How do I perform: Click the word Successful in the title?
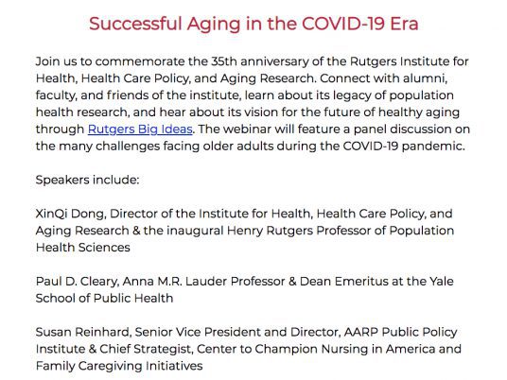[135, 24]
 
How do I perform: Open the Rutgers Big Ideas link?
[140, 130]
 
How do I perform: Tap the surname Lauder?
[206, 282]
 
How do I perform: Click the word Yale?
[442, 282]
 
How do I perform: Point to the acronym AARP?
[361, 332]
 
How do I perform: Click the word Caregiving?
[110, 366]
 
